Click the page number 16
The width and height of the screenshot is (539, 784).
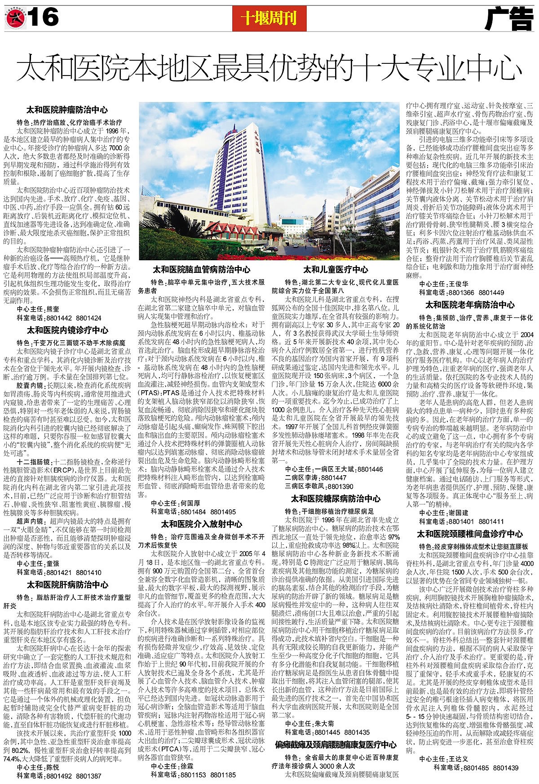coord(45,18)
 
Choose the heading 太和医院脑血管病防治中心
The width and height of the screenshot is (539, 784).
coord(202,270)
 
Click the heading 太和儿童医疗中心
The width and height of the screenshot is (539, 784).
coord(336,270)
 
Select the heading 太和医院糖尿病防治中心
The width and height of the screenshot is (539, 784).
coord(336,499)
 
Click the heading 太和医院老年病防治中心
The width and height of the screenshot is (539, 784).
coord(470,304)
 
